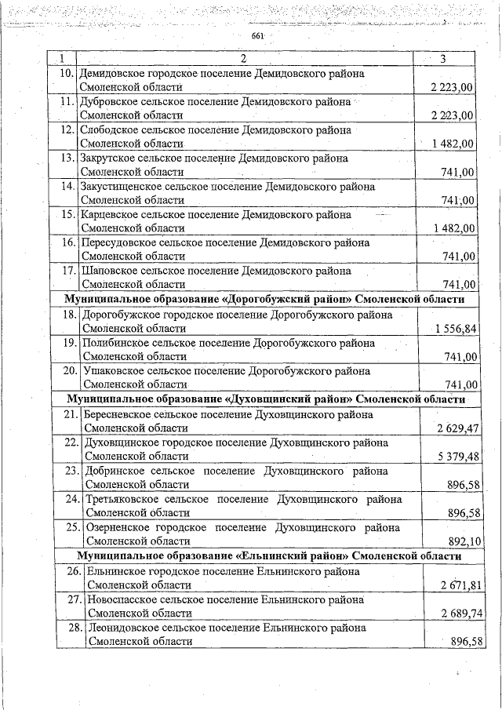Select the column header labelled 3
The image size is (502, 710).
444,59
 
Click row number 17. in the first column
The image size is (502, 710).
67,271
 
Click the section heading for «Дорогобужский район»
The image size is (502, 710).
265,300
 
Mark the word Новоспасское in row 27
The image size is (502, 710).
122,599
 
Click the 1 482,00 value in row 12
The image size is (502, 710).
453,144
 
